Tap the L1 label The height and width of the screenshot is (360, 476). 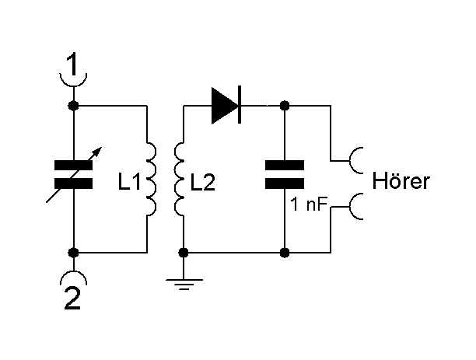129,184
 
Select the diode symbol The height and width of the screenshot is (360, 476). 226,105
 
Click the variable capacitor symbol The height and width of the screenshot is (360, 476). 73,175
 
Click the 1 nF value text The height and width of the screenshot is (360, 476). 308,207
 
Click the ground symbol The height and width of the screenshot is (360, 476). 184,285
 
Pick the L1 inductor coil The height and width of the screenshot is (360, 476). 152,179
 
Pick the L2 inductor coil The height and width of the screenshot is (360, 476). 180,179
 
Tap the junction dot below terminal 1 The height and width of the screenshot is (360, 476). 73,105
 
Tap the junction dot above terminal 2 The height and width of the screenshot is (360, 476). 73,253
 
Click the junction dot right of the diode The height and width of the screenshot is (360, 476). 285,105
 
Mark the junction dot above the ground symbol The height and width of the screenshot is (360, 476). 184,253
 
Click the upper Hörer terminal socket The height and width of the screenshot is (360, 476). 359,160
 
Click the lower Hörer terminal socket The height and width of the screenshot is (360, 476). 359,207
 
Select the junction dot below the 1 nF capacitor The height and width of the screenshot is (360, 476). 285,253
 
